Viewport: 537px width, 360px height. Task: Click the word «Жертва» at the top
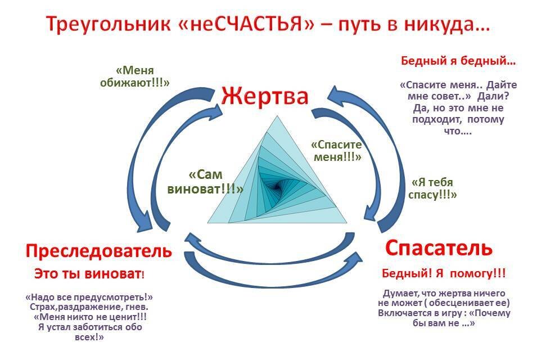[264, 96]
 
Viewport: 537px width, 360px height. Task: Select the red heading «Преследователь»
[99, 250]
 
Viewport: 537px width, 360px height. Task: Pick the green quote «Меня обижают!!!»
[143, 76]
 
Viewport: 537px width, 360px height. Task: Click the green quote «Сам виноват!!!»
[206, 182]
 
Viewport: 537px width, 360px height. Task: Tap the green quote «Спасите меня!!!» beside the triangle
[336, 150]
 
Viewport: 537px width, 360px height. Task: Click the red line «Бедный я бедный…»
[458, 61]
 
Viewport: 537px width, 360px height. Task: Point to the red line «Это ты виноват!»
[89, 274]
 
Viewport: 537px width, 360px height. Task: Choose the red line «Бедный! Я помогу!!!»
[444, 273]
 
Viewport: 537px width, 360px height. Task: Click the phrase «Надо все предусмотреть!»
[90, 297]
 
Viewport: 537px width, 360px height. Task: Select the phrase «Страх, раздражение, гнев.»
[89, 308]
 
